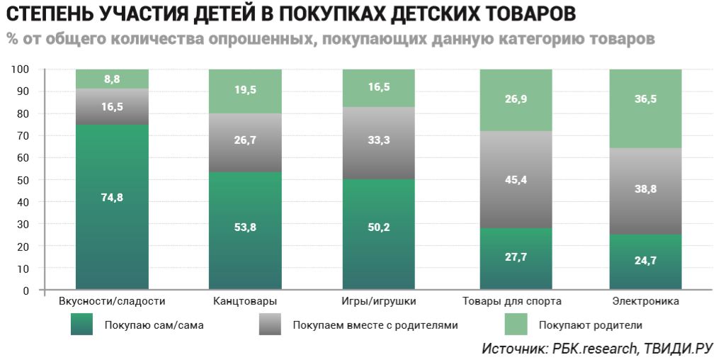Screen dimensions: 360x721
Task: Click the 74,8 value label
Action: [x=112, y=198]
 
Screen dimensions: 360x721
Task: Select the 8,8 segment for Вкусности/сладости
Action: [x=112, y=79]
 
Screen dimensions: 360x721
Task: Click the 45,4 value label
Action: [x=516, y=179]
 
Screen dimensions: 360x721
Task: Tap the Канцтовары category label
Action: [x=245, y=302]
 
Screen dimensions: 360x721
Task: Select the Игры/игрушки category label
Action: [x=378, y=302]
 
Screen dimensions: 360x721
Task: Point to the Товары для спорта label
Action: [x=512, y=302]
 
